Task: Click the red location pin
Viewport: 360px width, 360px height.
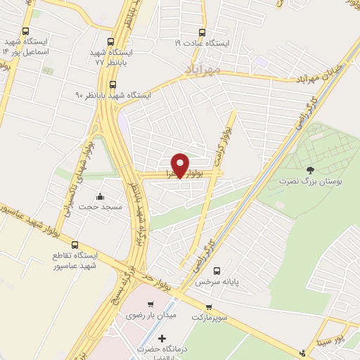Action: (x=181, y=165)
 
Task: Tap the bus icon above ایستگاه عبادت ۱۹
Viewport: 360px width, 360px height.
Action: (x=202, y=32)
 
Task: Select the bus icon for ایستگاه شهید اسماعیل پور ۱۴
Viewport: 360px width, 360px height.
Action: (x=26, y=32)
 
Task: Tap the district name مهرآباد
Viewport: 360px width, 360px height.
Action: (x=203, y=69)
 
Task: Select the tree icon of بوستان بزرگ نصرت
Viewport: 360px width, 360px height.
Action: (x=310, y=169)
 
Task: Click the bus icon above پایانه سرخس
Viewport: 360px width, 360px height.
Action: (x=217, y=270)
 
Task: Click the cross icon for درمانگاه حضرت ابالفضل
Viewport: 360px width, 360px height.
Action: (x=162, y=339)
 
